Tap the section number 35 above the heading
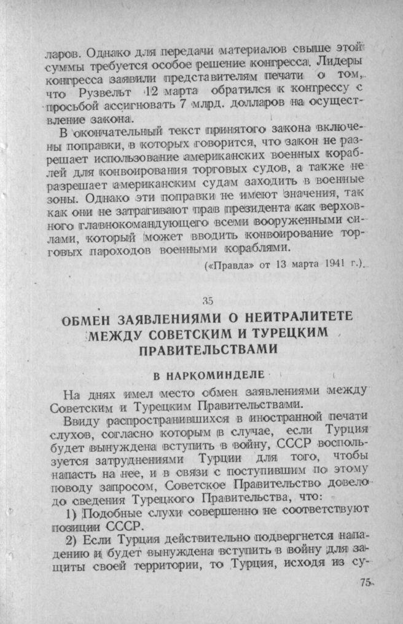pyautogui.click(x=206, y=301)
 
